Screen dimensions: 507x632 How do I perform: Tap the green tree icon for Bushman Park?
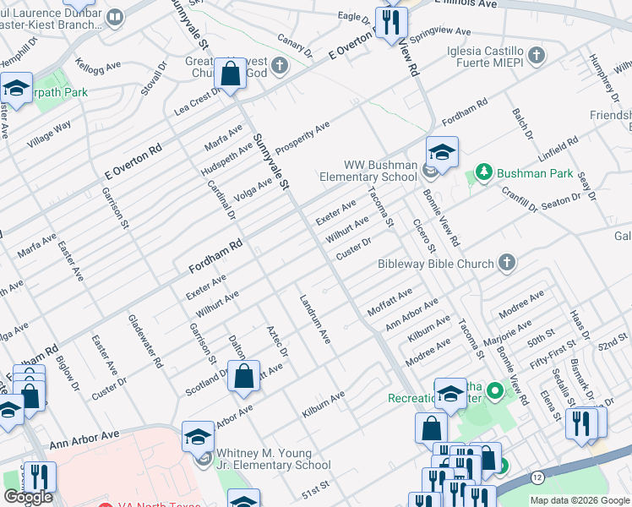click(x=483, y=173)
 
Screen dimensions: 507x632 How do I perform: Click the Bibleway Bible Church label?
click(x=435, y=264)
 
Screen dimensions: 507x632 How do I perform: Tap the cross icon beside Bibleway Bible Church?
click(x=506, y=263)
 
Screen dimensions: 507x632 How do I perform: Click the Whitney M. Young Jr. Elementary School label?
click(x=274, y=459)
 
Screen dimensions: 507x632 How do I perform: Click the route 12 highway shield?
click(x=537, y=478)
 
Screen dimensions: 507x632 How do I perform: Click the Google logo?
click(x=28, y=497)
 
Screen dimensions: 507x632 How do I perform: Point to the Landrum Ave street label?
click(x=314, y=319)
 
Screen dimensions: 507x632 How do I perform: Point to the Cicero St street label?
click(x=423, y=234)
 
